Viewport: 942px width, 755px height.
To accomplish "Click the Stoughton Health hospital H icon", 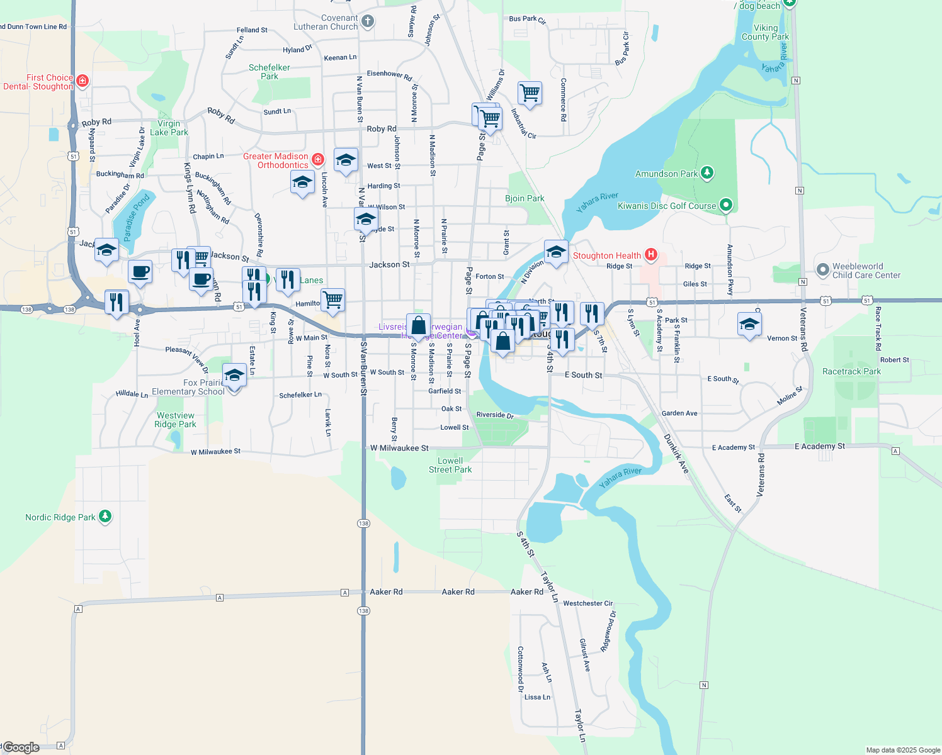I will pyautogui.click(x=651, y=255).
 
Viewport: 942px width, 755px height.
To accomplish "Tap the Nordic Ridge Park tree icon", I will pyautogui.click(x=105, y=517).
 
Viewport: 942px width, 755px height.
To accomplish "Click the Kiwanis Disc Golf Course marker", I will pyautogui.click(x=725, y=205).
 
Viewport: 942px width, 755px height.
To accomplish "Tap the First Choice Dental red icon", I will pyautogui.click(x=82, y=81).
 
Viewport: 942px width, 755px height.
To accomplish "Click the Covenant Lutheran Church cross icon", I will pyautogui.click(x=368, y=21).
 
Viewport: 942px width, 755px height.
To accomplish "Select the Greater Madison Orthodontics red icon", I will pyautogui.click(x=318, y=160).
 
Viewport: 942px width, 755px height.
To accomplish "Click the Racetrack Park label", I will pyautogui.click(x=851, y=371).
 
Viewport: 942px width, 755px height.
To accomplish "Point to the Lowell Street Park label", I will pyautogui.click(x=450, y=465).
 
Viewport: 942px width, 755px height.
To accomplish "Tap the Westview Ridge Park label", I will pyautogui.click(x=175, y=420).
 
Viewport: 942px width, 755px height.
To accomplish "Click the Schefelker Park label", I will pyautogui.click(x=270, y=72).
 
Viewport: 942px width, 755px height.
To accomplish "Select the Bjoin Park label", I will pyautogui.click(x=525, y=198).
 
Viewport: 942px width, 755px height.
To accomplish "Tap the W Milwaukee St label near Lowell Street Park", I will pyautogui.click(x=399, y=448).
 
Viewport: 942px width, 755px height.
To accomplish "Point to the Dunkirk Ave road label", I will pyautogui.click(x=676, y=454).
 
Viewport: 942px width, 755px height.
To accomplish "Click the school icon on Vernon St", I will pyautogui.click(x=749, y=324).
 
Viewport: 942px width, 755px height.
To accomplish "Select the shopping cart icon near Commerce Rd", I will pyautogui.click(x=530, y=93).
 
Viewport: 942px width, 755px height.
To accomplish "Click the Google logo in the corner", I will pyautogui.click(x=21, y=747).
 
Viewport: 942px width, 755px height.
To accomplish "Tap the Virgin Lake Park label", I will pyautogui.click(x=169, y=128).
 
